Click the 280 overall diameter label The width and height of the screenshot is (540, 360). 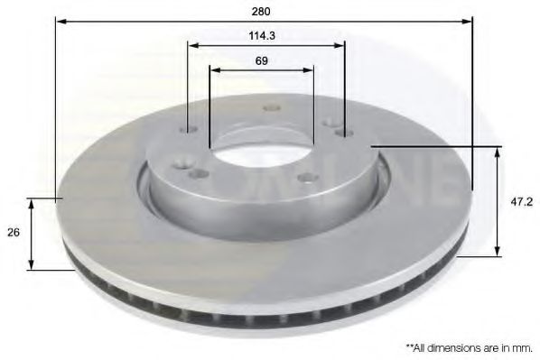tap(261, 12)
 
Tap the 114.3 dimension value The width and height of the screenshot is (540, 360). tap(262, 35)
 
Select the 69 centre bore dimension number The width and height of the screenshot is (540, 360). tap(261, 61)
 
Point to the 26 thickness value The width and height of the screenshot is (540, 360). tap(14, 232)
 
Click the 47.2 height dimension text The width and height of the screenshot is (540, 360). tap(521, 202)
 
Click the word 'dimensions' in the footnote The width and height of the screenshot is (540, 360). tap(452, 348)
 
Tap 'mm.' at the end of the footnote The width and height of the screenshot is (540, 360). tap(523, 348)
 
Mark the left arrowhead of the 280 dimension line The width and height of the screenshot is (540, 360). tap(61, 22)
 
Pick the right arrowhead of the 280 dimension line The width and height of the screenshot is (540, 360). tap(467, 22)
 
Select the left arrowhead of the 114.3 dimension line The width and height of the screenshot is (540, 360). tap(194, 45)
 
